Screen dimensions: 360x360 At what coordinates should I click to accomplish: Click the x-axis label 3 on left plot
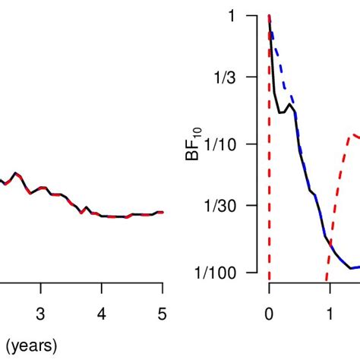[41, 314]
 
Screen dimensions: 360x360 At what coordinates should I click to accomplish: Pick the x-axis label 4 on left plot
[102, 314]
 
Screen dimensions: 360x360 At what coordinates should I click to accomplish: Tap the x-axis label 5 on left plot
[162, 314]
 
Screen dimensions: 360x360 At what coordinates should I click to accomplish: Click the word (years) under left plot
[29, 347]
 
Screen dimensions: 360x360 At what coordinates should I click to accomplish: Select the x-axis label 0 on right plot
[269, 314]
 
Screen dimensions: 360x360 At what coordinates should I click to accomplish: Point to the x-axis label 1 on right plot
[330, 314]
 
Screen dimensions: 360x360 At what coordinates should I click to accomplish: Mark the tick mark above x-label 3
[41, 292]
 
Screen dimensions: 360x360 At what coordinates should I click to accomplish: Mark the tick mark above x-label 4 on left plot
[102, 292]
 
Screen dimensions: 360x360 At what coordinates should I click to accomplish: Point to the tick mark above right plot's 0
[269, 292]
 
